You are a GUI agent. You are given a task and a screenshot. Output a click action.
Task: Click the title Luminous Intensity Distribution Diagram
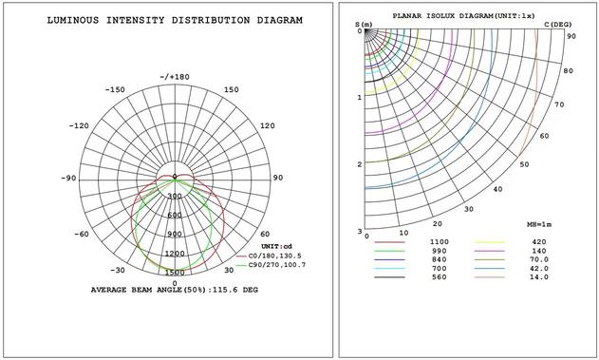point(175,20)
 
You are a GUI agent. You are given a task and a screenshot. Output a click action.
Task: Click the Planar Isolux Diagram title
point(464,16)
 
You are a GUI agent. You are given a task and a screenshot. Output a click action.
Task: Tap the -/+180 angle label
point(175,77)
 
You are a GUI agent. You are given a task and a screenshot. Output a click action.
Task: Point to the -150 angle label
point(115,89)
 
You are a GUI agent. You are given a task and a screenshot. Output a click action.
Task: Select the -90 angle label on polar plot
point(68,178)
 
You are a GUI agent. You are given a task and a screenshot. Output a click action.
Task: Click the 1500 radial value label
point(176,273)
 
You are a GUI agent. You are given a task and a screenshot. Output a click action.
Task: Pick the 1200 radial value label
point(176,254)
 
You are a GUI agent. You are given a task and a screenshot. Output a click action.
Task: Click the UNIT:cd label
point(276,246)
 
